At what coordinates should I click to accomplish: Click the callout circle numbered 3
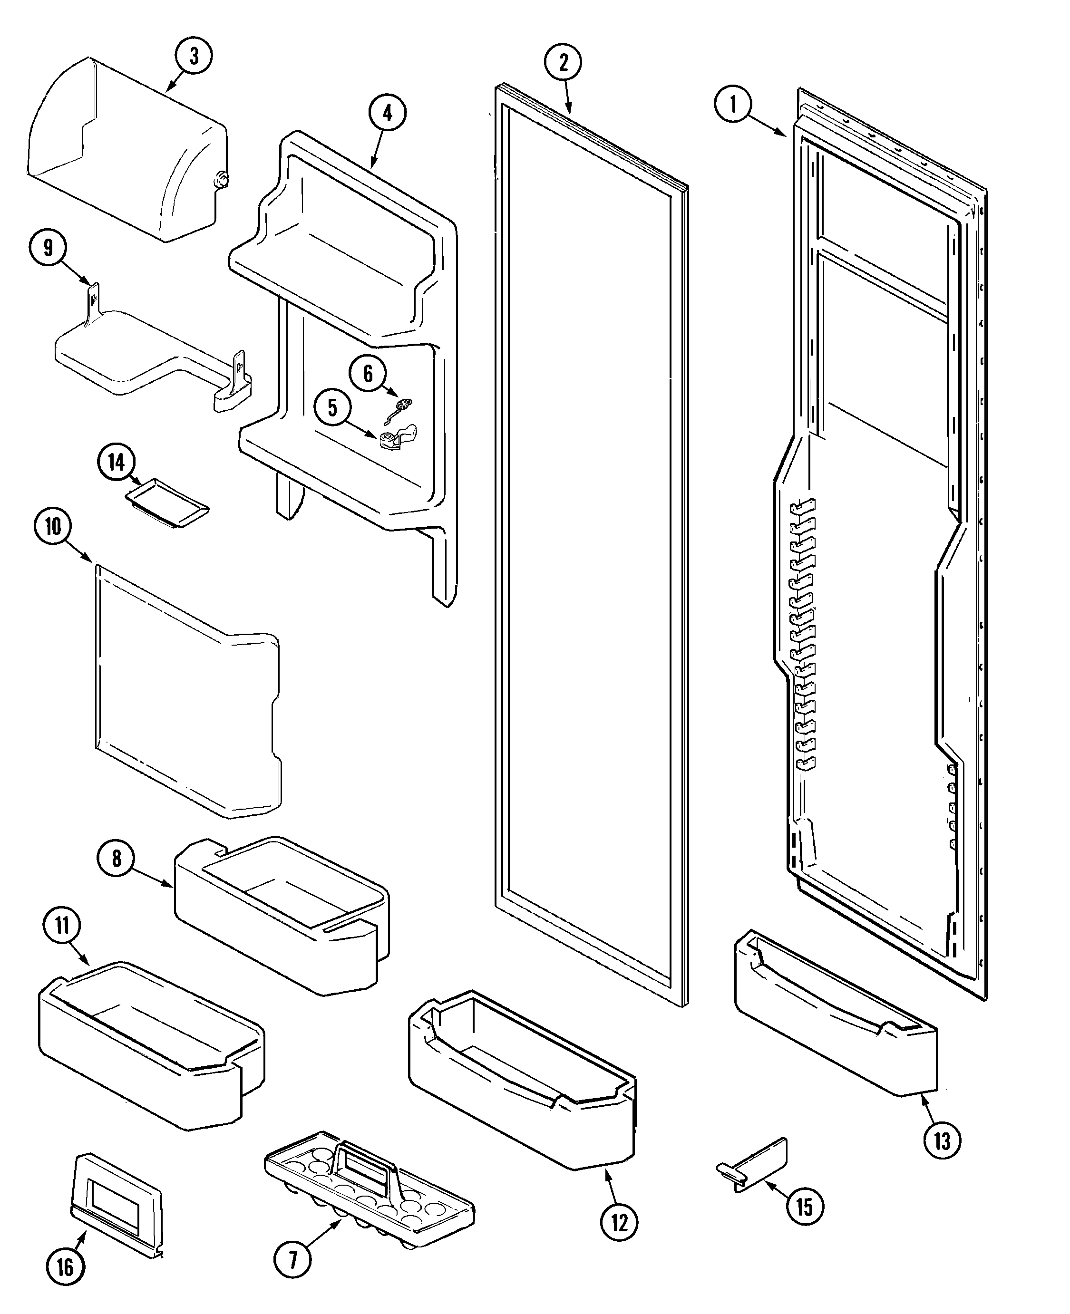[194, 56]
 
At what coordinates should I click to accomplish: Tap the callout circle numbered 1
[733, 104]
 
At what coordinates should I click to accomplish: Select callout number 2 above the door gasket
[563, 62]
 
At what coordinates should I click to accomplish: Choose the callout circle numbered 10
[53, 527]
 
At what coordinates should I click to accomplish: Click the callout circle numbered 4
[387, 112]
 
